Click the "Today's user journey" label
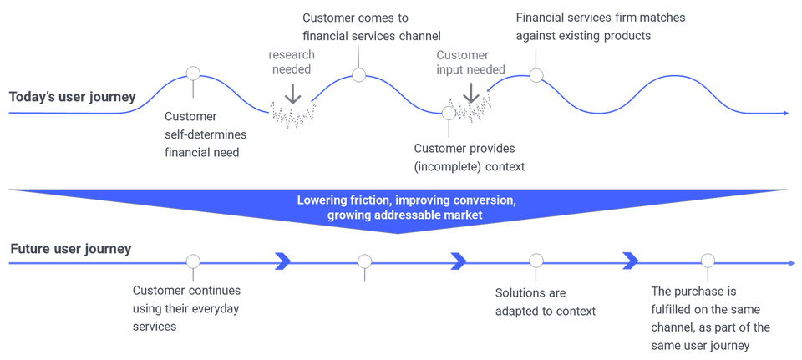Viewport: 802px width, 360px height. (72, 97)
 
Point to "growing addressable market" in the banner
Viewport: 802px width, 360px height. (400, 215)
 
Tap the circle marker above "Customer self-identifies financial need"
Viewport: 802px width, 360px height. (193, 73)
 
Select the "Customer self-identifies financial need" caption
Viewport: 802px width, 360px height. (196, 129)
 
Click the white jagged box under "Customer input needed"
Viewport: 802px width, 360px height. (475, 106)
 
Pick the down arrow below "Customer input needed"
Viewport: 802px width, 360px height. (471, 94)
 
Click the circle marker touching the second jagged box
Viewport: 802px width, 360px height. (449, 112)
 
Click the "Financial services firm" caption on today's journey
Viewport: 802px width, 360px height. (601, 27)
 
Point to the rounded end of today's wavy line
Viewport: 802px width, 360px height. (786, 112)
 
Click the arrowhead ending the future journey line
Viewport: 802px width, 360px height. (792, 262)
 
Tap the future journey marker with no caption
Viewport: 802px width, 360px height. (364, 261)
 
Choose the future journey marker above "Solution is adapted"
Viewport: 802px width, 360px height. (536, 261)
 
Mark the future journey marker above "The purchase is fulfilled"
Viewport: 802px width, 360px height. (708, 261)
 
